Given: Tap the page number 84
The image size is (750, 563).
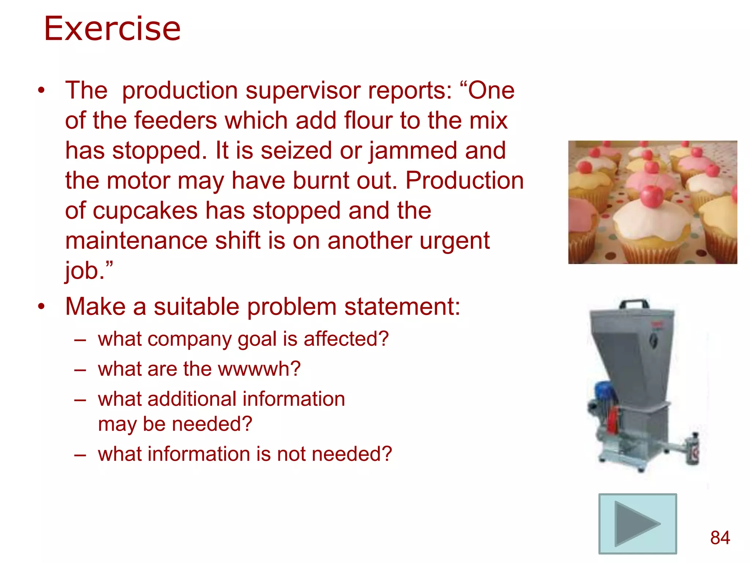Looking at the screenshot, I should [x=720, y=538].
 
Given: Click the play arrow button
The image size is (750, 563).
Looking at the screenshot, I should [x=637, y=523].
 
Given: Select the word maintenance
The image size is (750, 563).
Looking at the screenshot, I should [x=136, y=241].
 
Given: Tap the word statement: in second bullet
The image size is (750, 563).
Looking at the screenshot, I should [x=402, y=306].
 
